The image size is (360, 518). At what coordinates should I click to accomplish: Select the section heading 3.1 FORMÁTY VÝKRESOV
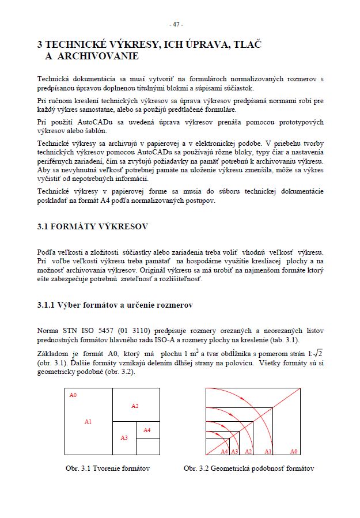(x=92, y=226)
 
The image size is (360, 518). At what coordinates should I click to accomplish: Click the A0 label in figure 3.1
(x=73, y=395)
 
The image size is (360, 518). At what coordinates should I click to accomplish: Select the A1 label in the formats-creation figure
(x=88, y=422)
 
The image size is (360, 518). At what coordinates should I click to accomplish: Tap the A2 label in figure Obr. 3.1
(x=135, y=406)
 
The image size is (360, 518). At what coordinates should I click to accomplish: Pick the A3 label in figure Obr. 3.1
(x=124, y=438)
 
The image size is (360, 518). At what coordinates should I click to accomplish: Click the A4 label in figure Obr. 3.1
(x=147, y=430)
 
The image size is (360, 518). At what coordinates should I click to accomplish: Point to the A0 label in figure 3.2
(x=293, y=451)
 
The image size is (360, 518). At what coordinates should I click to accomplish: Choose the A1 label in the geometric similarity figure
(x=268, y=451)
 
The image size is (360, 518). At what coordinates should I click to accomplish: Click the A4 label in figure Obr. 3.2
(x=224, y=451)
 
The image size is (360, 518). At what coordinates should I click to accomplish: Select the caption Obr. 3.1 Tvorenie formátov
(x=108, y=468)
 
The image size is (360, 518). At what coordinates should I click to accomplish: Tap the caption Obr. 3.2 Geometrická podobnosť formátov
(x=249, y=468)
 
